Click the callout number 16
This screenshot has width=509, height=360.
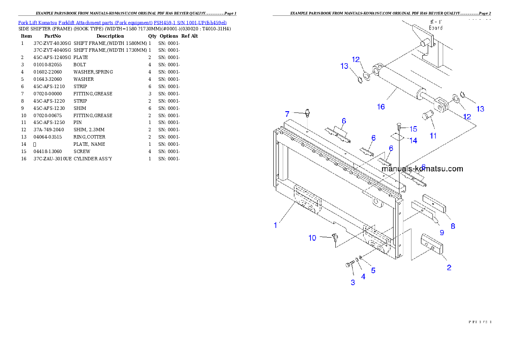click(x=381, y=106)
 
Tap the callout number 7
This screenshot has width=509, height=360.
click(x=287, y=114)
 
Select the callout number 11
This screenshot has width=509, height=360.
click(x=433, y=136)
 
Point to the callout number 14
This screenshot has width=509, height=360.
click(x=413, y=140)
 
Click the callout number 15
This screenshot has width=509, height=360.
click(x=413, y=129)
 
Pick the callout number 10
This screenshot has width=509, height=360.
click(x=312, y=238)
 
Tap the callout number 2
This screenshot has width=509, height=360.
click(x=449, y=268)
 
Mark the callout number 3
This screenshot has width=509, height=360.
click(x=353, y=282)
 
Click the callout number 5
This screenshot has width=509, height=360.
click(x=373, y=270)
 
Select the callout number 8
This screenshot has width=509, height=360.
click(x=452, y=226)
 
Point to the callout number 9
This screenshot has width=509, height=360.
click(x=442, y=233)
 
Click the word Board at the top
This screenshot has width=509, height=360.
click(x=435, y=28)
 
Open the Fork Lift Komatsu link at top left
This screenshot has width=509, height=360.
click(x=122, y=22)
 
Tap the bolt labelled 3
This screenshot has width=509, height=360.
click(x=349, y=265)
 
